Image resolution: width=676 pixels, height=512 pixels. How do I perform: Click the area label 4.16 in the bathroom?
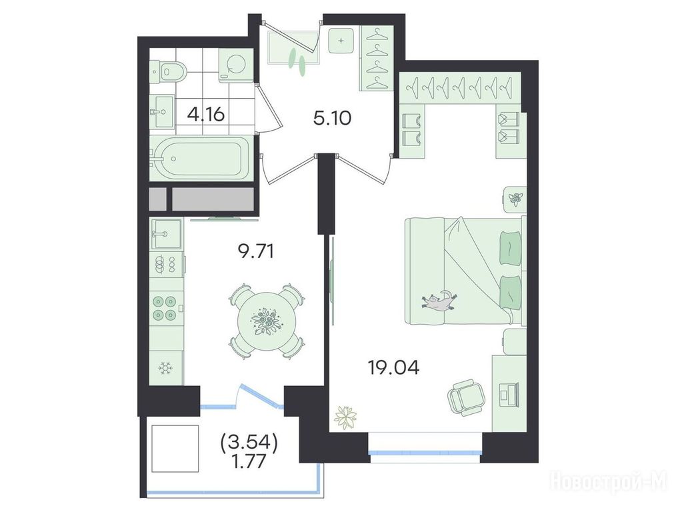[x=206, y=115]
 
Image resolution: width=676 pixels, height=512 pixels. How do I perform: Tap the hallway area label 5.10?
[x=333, y=117]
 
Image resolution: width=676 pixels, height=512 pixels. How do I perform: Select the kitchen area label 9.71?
[x=256, y=251]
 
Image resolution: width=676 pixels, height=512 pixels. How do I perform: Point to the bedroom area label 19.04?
[x=393, y=367]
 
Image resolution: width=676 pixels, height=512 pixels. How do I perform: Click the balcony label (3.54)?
[x=248, y=442]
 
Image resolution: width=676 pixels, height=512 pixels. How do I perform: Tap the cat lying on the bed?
[x=439, y=301]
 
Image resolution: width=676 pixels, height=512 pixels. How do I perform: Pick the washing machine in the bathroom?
[x=235, y=65]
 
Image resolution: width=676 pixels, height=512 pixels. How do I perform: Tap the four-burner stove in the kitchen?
[x=166, y=309]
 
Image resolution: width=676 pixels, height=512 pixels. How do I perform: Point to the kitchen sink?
[x=166, y=234]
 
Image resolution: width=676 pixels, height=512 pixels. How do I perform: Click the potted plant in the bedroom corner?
[x=346, y=417]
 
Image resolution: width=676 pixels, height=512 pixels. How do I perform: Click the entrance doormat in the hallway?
[x=293, y=47]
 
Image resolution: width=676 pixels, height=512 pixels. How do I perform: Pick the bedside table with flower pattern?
[x=515, y=198]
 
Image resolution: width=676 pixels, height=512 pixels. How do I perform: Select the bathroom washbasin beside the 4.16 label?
[x=163, y=111]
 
